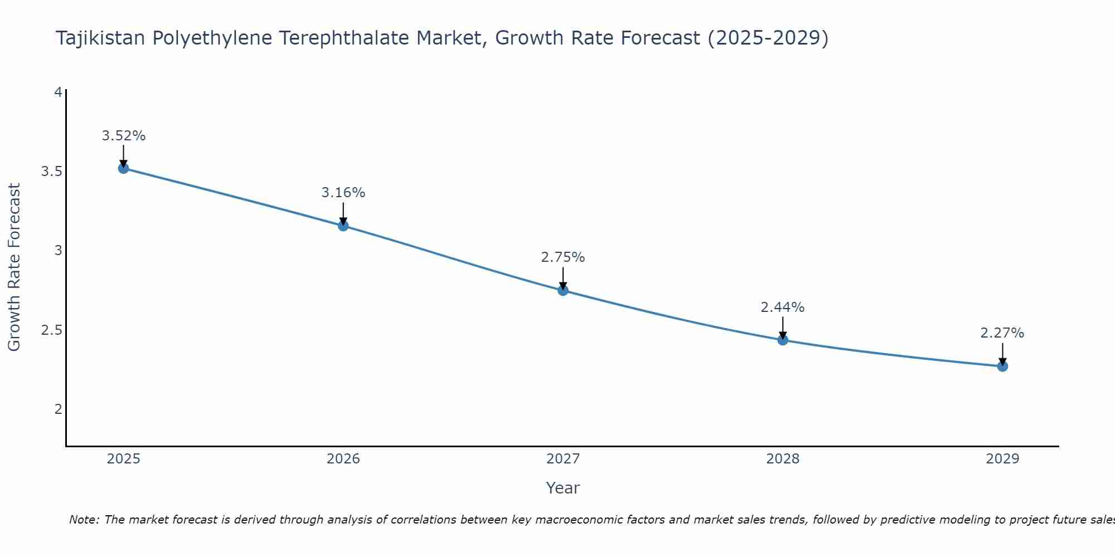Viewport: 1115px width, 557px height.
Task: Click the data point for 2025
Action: tap(124, 168)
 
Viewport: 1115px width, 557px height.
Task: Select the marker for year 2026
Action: tap(343, 226)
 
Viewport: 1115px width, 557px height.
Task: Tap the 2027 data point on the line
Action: tap(563, 290)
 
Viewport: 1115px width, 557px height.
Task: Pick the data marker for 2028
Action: tap(783, 340)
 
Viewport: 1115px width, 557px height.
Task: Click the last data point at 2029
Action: tap(1002, 366)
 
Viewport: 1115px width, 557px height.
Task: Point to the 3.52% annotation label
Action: tap(124, 136)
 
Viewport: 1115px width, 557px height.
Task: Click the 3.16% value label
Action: tap(343, 193)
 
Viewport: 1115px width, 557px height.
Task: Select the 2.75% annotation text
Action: tap(563, 257)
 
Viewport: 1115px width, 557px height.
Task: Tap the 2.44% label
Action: tap(783, 307)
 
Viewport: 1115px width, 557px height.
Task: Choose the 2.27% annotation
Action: tap(1002, 333)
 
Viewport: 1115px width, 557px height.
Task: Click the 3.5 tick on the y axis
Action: tap(52, 171)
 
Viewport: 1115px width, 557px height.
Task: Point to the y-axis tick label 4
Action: tap(58, 92)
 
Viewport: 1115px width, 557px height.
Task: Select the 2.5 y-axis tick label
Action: tap(52, 330)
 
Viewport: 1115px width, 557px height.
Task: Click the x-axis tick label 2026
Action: tap(343, 459)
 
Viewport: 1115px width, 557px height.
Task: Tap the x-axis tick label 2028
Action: tap(783, 459)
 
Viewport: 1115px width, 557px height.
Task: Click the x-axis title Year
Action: tap(563, 488)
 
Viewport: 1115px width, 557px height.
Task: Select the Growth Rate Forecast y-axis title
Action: tap(14, 267)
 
